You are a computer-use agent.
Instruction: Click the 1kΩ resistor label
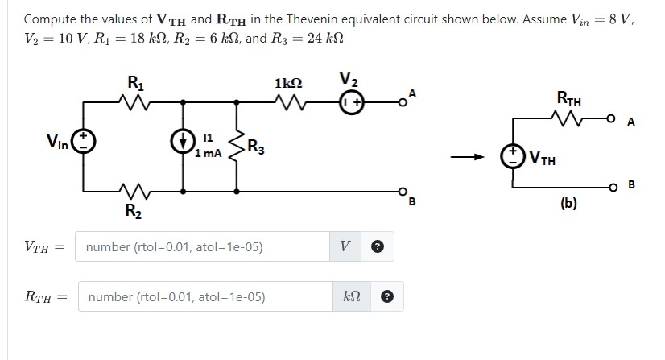pos(288,83)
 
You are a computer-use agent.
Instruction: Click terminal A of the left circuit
pos(400,102)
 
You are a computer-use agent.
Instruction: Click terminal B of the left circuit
pos(400,192)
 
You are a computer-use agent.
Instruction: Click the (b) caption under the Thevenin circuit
pos(568,204)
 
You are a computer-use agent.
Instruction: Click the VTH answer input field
pos(201,246)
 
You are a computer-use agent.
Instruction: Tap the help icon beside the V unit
pos(376,246)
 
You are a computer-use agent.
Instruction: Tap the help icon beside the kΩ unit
pos(386,296)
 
